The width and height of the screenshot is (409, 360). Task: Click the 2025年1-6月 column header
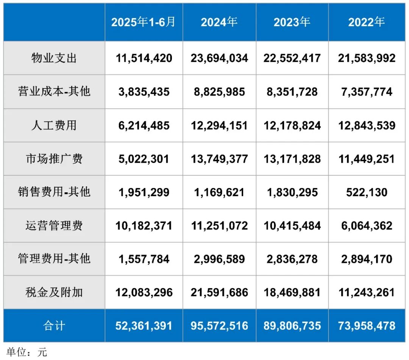click(144, 22)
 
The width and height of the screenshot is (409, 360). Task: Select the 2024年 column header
click(219, 22)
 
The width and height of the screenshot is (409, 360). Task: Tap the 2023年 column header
click(292, 22)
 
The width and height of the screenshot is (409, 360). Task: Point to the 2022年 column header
click(367, 22)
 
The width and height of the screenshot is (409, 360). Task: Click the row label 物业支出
click(54, 58)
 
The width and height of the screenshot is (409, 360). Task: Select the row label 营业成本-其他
click(54, 92)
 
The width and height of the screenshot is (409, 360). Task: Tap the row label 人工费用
click(54, 125)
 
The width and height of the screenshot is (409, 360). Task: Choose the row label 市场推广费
click(54, 159)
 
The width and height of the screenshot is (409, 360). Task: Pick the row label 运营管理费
click(54, 226)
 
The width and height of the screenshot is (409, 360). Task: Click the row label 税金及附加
click(54, 292)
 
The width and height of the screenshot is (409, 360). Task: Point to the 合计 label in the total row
click(54, 326)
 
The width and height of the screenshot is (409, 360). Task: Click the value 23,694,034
click(219, 58)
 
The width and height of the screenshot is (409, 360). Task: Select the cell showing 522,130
click(367, 192)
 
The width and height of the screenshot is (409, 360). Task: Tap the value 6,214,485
click(144, 125)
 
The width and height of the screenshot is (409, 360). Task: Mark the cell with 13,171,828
click(292, 159)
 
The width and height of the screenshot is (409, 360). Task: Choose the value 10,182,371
click(144, 226)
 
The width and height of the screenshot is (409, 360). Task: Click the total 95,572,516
click(219, 326)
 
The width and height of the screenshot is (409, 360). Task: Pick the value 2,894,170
click(367, 259)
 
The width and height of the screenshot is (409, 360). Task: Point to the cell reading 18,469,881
click(292, 292)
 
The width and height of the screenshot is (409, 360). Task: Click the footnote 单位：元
click(27, 352)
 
